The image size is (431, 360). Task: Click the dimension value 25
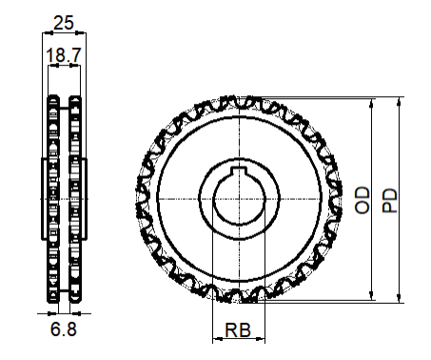click(x=64, y=23)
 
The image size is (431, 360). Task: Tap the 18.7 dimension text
click(x=64, y=55)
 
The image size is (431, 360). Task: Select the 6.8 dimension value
click(x=64, y=329)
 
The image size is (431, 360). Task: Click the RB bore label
click(x=238, y=330)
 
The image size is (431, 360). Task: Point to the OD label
click(x=362, y=200)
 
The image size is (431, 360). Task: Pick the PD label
click(x=390, y=201)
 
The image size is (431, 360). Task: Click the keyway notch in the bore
click(x=239, y=170)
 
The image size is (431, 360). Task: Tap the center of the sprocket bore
click(x=239, y=199)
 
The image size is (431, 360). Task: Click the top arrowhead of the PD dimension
click(x=400, y=102)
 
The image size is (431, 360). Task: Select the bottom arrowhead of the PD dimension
click(x=400, y=298)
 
